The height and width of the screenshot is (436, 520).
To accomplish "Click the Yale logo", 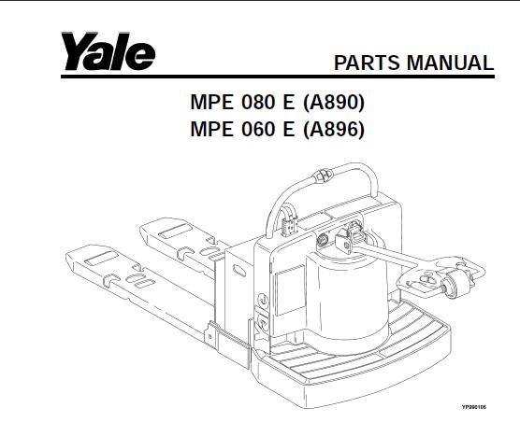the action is (x=108, y=51).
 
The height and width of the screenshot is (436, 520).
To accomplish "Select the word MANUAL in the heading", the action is (x=451, y=63).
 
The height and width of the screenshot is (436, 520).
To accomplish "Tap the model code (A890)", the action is (x=334, y=103).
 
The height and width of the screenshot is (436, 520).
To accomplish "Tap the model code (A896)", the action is (x=334, y=129).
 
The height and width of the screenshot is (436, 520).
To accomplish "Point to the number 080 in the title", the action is (x=258, y=103).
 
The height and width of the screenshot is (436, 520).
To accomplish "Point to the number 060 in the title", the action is (x=258, y=129).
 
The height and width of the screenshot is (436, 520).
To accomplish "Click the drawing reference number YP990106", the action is (x=474, y=407).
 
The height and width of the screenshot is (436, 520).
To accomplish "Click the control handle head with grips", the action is (x=441, y=278).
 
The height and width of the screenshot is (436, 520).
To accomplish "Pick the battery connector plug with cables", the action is (x=289, y=222).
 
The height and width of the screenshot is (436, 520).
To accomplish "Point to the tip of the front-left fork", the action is (x=67, y=256).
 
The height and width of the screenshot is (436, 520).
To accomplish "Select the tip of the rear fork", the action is (x=141, y=229).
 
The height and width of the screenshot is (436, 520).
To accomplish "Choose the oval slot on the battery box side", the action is (x=239, y=271).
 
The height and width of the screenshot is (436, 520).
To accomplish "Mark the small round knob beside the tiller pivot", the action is (x=323, y=239).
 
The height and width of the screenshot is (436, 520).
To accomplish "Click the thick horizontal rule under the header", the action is (x=278, y=77).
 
